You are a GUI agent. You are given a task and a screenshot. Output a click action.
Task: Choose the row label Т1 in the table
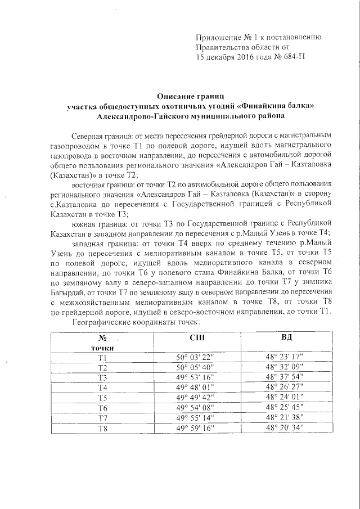click(x=102, y=357)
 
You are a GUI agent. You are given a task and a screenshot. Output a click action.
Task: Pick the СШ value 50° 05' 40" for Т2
click(x=194, y=367)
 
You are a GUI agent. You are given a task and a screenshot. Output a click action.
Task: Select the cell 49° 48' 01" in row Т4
click(x=194, y=388)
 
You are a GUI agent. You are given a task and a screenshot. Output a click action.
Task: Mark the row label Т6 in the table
click(x=102, y=408)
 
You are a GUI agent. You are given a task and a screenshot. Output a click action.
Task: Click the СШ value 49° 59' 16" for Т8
click(x=194, y=428)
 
